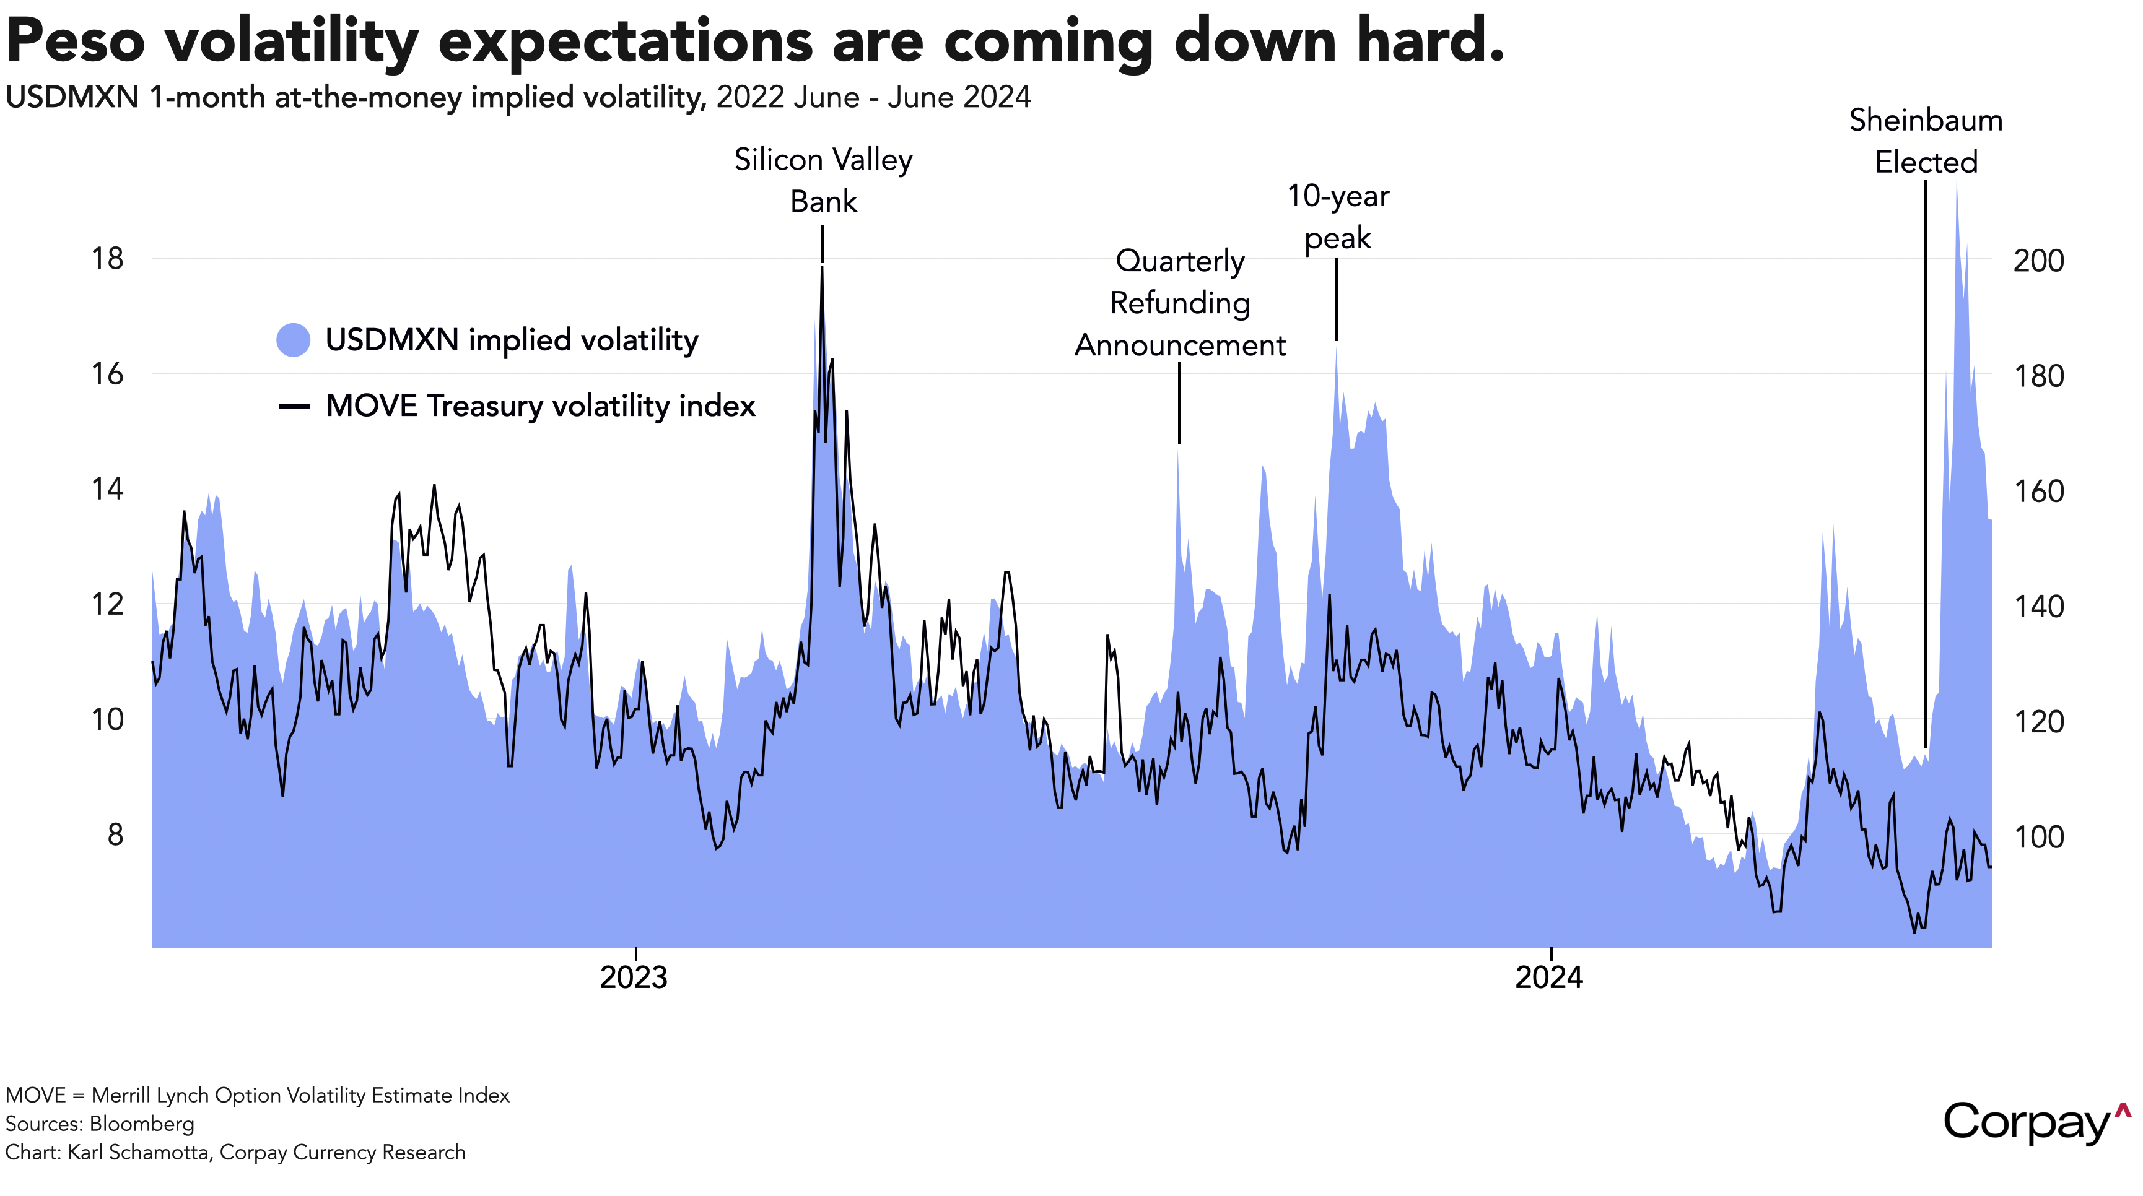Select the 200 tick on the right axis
click(x=2038, y=261)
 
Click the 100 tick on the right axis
click(x=2038, y=837)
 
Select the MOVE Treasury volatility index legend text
click(x=540, y=406)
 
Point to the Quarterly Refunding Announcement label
click(x=1180, y=303)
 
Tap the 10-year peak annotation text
click(x=1338, y=217)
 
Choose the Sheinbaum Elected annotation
click(x=1926, y=141)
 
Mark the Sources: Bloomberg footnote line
click(x=100, y=1124)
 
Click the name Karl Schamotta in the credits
click(x=139, y=1153)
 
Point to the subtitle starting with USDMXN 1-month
click(x=517, y=97)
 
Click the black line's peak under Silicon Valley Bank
click(x=822, y=268)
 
